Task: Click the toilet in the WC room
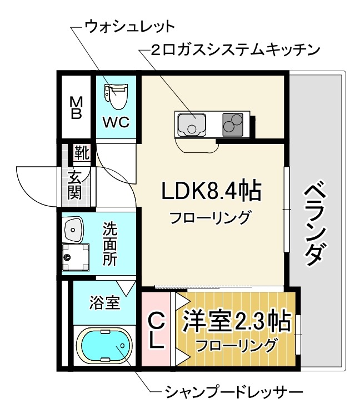116,95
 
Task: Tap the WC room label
116,122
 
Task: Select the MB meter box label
76,108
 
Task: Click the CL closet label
157,331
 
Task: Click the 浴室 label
104,302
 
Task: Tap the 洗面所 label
109,244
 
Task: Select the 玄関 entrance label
75,186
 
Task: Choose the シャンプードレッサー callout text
234,393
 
